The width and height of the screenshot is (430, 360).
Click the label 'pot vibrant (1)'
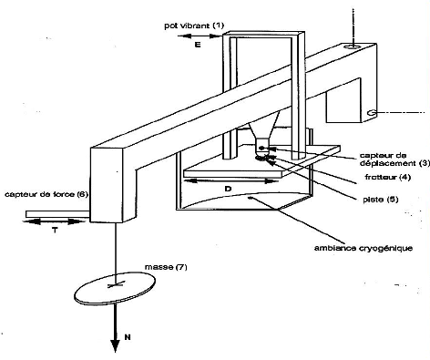tap(194, 26)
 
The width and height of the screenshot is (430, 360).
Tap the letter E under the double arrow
tap(198, 45)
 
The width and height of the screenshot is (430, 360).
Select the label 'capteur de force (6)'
tap(46, 194)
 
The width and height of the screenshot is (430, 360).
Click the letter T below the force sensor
tap(55, 231)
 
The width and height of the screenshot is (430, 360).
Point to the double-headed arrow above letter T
tap(54, 221)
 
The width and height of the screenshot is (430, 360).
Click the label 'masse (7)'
tap(166, 267)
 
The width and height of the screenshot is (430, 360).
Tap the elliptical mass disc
tap(115, 288)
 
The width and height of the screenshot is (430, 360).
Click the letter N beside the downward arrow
tap(128, 337)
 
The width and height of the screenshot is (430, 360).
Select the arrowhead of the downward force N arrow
tap(115, 346)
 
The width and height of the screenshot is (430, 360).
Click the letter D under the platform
tap(228, 189)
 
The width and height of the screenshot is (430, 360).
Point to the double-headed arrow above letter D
tap(231, 181)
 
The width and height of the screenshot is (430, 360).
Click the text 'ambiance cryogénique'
tap(363, 248)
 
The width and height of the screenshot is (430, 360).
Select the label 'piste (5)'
tap(381, 200)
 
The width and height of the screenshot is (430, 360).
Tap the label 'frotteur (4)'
tap(388, 177)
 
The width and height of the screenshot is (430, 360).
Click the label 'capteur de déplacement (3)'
tap(394, 159)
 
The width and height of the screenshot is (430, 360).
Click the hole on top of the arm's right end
tap(353, 46)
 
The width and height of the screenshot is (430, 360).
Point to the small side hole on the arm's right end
tap(371, 113)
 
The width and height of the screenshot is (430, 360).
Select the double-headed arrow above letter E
tap(199, 36)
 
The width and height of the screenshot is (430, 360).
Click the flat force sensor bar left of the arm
tap(57, 214)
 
